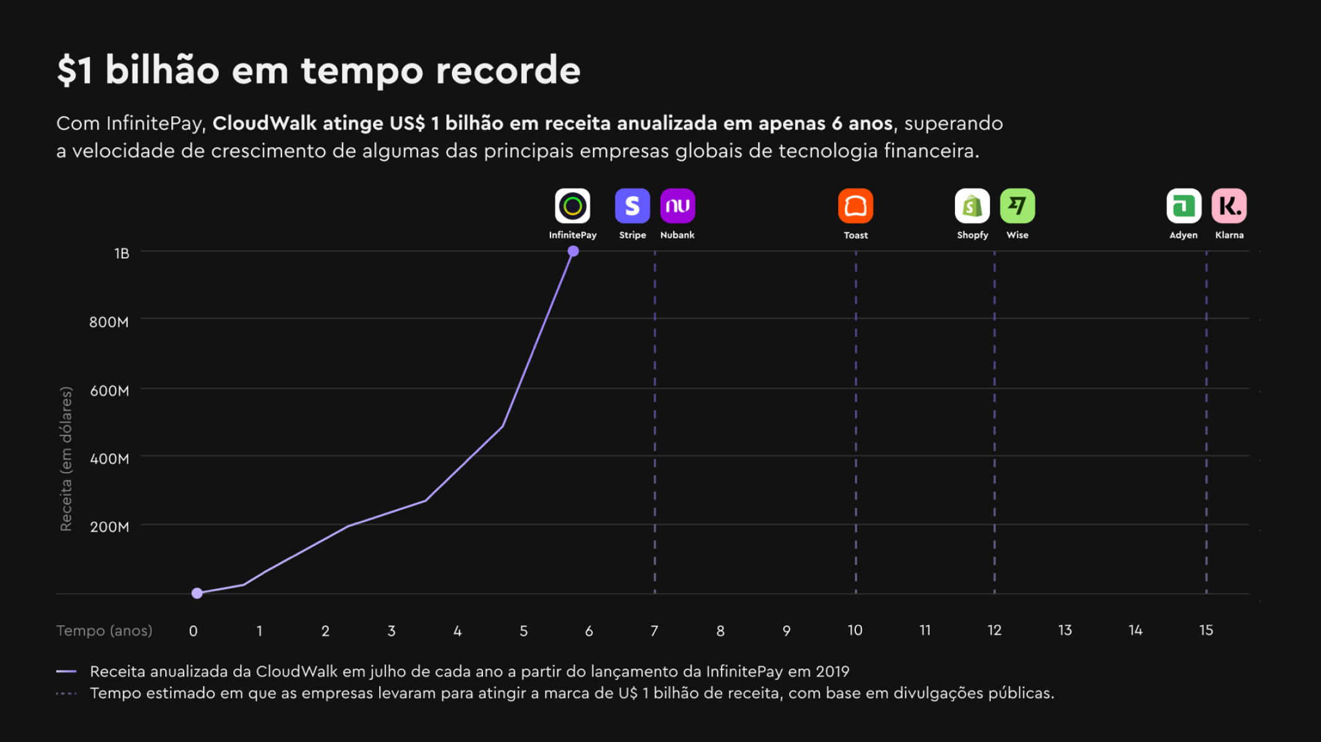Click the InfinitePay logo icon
[x=572, y=206]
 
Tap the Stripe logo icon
[x=632, y=206]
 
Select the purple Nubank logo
[x=677, y=206]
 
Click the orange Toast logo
[x=855, y=206]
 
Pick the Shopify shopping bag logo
[x=972, y=206]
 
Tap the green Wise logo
[x=1017, y=206]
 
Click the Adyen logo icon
[x=1184, y=206]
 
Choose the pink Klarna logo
[x=1229, y=206]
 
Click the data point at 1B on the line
[x=573, y=251]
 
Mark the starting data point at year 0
[x=197, y=593]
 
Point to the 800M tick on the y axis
[x=109, y=322]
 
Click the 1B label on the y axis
[x=121, y=253]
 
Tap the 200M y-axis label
[x=109, y=527]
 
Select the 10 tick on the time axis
[x=855, y=630]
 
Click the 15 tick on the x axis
[x=1206, y=630]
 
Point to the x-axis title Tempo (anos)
[x=104, y=631]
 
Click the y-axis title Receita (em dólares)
[x=66, y=458]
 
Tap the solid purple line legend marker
[x=66, y=671]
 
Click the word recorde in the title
[x=508, y=70]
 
